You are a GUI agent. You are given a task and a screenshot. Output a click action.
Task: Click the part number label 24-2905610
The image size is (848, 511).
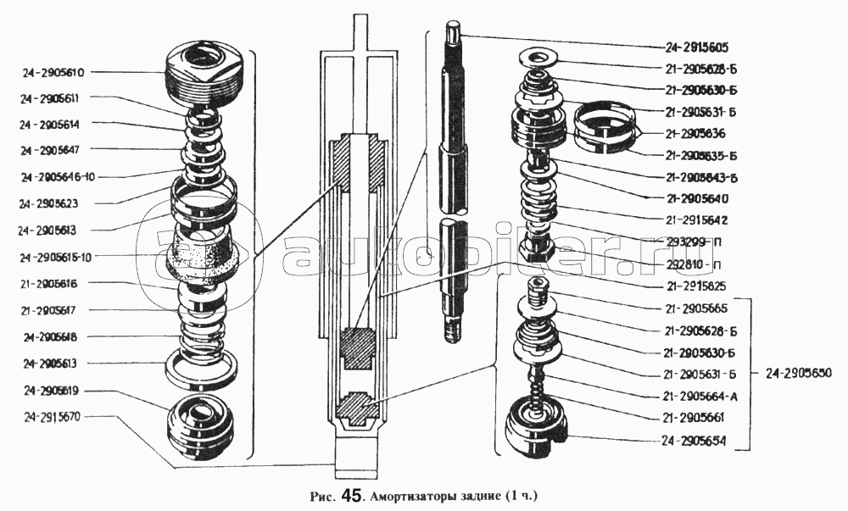click(52, 73)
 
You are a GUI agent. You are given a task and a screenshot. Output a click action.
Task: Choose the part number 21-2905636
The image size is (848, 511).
click(700, 133)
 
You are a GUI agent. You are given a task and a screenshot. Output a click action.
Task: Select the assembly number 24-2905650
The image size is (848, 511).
click(798, 372)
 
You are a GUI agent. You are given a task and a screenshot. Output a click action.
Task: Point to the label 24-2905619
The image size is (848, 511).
click(52, 391)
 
